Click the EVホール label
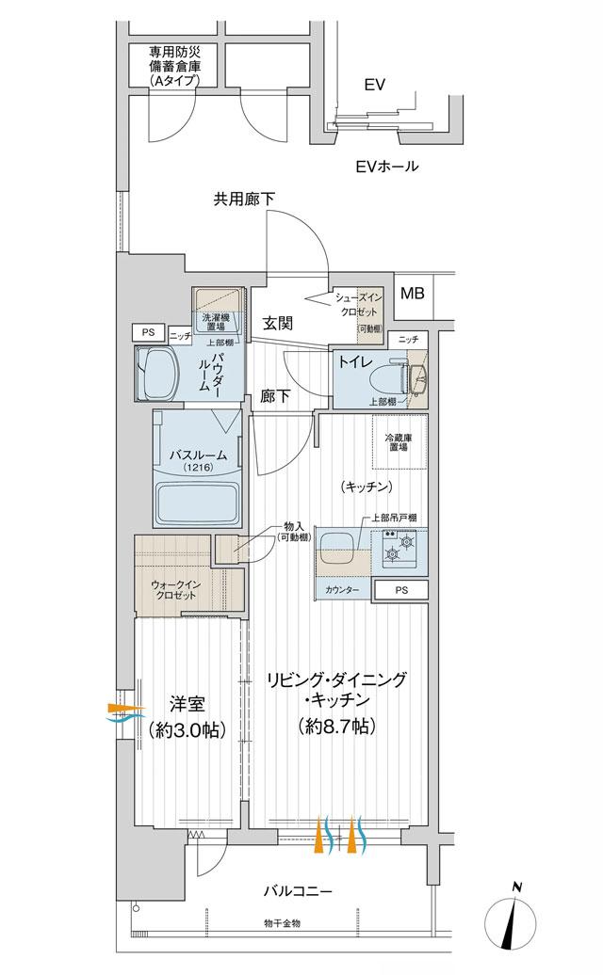point(386,167)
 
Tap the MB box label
point(412,293)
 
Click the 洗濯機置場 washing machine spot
point(216,312)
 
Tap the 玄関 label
point(277,323)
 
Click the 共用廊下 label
point(244,199)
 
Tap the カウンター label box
point(341,590)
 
